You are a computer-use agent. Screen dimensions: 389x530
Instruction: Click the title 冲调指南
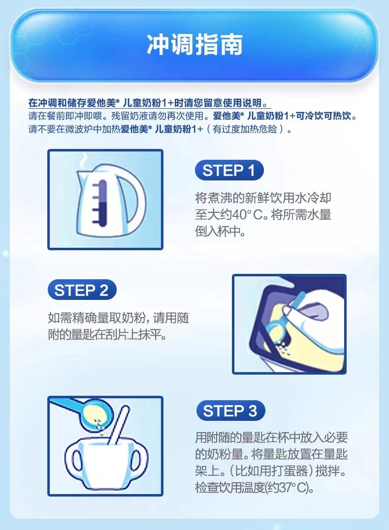point(194,44)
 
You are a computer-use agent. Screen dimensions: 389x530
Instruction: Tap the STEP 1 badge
point(229,170)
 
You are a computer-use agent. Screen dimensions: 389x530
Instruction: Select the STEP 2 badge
point(82,290)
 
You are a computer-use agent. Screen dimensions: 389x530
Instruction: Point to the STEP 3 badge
point(230,411)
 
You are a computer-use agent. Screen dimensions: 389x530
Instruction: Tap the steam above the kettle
point(83,161)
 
